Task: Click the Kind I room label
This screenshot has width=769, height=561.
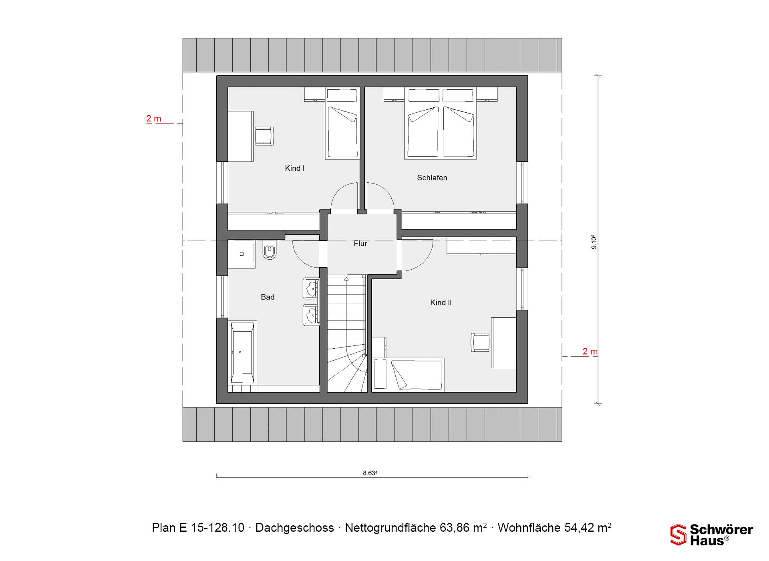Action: click(x=294, y=168)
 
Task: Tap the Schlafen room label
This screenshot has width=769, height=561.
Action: click(x=432, y=178)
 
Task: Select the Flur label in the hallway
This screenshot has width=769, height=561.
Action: click(x=360, y=243)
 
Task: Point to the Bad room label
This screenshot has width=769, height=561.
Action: click(x=268, y=297)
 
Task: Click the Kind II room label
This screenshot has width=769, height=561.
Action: click(x=441, y=303)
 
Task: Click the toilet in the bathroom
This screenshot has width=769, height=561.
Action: click(x=270, y=250)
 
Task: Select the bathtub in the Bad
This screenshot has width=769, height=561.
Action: click(x=242, y=352)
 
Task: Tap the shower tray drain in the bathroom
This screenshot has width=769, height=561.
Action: click(x=242, y=254)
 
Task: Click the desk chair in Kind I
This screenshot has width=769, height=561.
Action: click(x=264, y=136)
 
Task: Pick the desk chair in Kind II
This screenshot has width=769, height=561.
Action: click(x=480, y=343)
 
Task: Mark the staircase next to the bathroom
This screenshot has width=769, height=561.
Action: click(x=347, y=333)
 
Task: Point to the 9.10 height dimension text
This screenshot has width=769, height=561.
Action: click(x=594, y=242)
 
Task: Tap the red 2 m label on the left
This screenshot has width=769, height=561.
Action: click(x=154, y=119)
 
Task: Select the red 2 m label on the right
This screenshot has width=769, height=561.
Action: click(x=590, y=351)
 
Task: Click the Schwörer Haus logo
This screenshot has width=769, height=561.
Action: click(x=712, y=535)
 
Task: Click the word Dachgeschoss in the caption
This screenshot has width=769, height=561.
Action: click(x=294, y=528)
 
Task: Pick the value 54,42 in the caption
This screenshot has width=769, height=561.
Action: click(x=579, y=528)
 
